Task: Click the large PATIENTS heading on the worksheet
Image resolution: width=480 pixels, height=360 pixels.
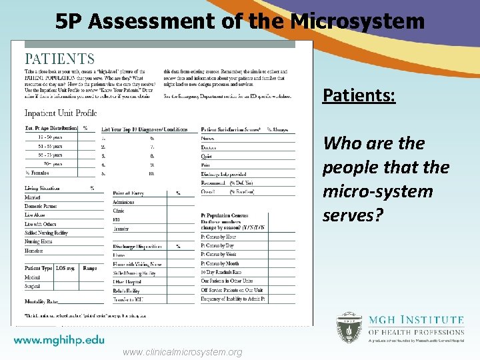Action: point(59,60)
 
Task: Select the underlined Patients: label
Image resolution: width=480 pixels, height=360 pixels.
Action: point(359,96)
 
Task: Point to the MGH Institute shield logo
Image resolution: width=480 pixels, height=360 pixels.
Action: point(349,328)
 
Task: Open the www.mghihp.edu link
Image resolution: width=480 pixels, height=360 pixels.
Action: point(59,339)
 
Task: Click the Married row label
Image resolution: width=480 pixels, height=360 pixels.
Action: point(33,197)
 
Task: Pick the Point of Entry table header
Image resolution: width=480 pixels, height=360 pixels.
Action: point(129,193)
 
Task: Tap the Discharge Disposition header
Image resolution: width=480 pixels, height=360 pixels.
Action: point(137,246)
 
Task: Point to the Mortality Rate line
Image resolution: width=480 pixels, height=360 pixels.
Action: point(41,302)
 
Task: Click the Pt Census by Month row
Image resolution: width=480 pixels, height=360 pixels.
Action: point(220,264)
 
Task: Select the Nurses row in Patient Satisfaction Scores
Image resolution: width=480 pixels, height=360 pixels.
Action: point(208,138)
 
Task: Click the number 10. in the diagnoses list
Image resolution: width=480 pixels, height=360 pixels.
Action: point(152,173)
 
